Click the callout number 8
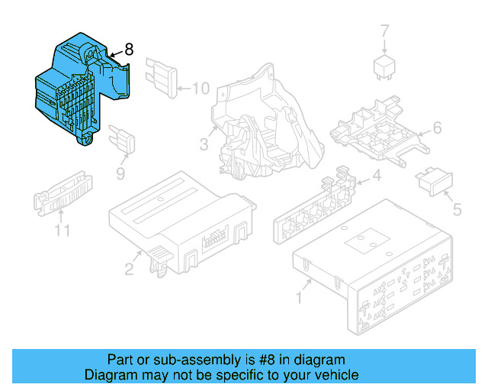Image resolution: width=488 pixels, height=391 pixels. click(129, 50)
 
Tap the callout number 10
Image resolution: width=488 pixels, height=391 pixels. click(201, 89)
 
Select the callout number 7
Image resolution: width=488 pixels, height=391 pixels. click(385, 31)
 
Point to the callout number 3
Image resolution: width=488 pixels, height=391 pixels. click(204, 144)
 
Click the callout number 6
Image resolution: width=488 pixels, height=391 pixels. click(437, 128)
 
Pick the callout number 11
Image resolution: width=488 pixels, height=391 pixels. click(63, 231)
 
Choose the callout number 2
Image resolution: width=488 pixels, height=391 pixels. click(129, 269)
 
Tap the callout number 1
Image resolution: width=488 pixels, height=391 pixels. click(299, 298)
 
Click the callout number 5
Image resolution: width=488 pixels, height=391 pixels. click(457, 209)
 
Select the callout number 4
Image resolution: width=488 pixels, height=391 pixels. click(377, 176)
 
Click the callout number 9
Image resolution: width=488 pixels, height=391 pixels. click(120, 173)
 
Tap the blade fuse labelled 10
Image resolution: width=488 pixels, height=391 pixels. click(162, 78)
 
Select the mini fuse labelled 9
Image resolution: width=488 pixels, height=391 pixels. click(122, 139)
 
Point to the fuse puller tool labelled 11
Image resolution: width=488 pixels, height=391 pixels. click(63, 193)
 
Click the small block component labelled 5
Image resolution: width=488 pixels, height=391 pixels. click(434, 182)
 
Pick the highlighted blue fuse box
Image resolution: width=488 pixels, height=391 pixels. click(82, 89)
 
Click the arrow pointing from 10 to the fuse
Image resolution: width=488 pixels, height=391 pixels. click(185, 89)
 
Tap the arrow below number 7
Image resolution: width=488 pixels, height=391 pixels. click(384, 46)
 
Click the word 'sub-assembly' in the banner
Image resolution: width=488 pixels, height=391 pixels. click(197, 360)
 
